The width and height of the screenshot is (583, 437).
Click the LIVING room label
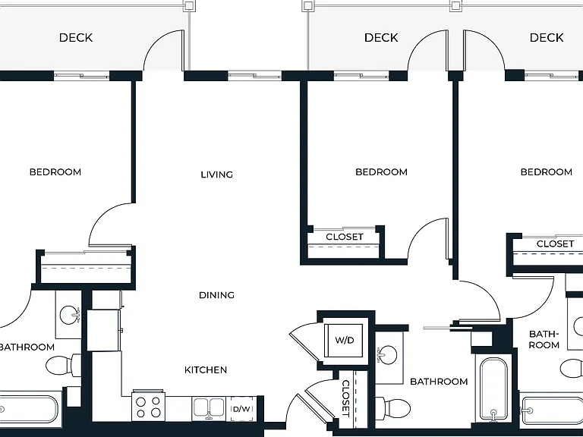coord(217,174)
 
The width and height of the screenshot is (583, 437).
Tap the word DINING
coord(217,295)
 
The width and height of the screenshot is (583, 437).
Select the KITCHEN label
coord(206,369)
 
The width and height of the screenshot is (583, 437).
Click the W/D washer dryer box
coord(344,341)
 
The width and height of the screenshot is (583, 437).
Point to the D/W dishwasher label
coord(241,409)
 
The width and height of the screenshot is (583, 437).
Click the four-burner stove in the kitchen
coord(148,406)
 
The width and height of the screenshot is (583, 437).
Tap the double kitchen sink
coord(209,408)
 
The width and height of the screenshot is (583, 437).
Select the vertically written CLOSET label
coord(346,398)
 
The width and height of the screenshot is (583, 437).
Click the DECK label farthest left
coord(76,37)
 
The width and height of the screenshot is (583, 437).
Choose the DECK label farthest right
coord(547,37)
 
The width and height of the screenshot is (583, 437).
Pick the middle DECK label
coord(381,37)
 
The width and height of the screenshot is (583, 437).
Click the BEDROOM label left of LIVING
coord(55,172)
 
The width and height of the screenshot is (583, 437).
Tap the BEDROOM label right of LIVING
coord(382,172)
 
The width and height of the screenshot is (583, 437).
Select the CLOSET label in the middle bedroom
coord(345,237)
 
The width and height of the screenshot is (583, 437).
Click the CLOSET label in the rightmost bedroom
coord(555,244)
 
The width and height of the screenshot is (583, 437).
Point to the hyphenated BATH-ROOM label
coord(544,340)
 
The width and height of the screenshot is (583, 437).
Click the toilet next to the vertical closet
coord(393,408)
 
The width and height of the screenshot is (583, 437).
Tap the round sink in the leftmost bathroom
coord(70,314)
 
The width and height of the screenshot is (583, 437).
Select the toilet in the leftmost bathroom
coord(63,366)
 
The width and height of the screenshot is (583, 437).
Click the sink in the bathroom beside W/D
coord(386,354)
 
